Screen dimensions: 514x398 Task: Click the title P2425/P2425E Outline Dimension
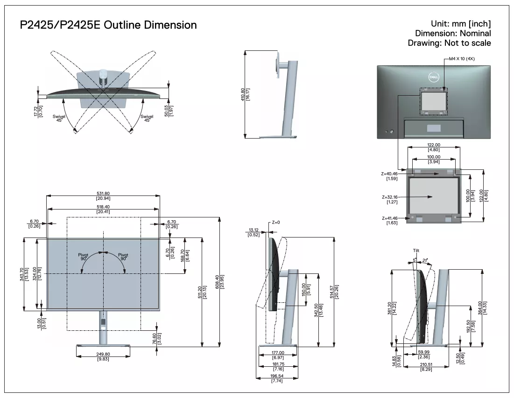pyautogui.click(x=108, y=25)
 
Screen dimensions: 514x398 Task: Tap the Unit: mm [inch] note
pyautogui.click(x=461, y=24)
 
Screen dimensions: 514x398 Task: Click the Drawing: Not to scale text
pyautogui.click(x=449, y=43)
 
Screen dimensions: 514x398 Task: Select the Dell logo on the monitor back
pyautogui.click(x=434, y=77)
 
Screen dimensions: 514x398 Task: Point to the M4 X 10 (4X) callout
pyautogui.click(x=462, y=59)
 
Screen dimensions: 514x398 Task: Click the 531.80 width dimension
pyautogui.click(x=103, y=194)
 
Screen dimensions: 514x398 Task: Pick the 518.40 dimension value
pyautogui.click(x=103, y=207)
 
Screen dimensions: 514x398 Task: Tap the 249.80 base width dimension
pyautogui.click(x=103, y=354)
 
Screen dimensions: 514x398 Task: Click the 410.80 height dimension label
pyautogui.click(x=243, y=94)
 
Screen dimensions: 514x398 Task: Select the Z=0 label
pyautogui.click(x=276, y=223)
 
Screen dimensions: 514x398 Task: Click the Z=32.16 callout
pyautogui.click(x=390, y=197)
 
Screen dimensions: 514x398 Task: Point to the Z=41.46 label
pyautogui.click(x=390, y=218)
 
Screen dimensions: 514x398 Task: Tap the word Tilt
pyautogui.click(x=416, y=251)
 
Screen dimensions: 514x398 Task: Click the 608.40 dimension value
pyautogui.click(x=217, y=282)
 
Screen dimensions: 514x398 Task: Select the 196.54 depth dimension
pyautogui.click(x=277, y=376)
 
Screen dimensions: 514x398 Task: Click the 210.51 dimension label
pyautogui.click(x=426, y=364)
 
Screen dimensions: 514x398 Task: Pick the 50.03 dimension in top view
pyautogui.click(x=166, y=111)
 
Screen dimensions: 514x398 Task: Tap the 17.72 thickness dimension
pyautogui.click(x=36, y=111)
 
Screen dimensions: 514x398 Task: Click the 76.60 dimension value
pyautogui.click(x=155, y=339)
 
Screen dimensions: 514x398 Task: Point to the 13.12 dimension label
pyautogui.click(x=253, y=230)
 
